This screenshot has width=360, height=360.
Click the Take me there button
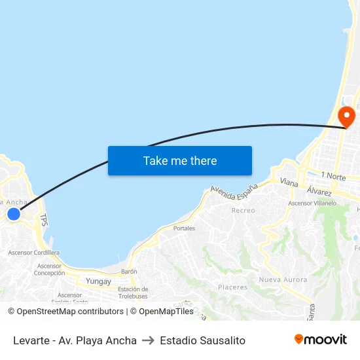180,160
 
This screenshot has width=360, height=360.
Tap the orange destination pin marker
346,117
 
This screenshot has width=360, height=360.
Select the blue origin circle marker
13,214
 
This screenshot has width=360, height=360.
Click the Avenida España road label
234,189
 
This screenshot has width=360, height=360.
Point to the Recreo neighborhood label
243,211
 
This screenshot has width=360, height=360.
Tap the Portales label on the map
184,228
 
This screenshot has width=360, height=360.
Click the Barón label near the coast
129,271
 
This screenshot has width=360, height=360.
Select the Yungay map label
99,281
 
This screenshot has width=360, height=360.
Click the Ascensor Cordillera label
33,253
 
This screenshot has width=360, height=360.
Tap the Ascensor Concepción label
49,270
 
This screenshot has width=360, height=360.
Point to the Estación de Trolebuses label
133,293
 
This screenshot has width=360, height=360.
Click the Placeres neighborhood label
233,287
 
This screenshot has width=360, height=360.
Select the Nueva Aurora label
283,279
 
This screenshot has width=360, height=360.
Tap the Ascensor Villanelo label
312,204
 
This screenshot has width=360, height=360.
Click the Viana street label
289,181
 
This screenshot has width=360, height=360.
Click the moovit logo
320,340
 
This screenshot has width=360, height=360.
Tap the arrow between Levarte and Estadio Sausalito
148,340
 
